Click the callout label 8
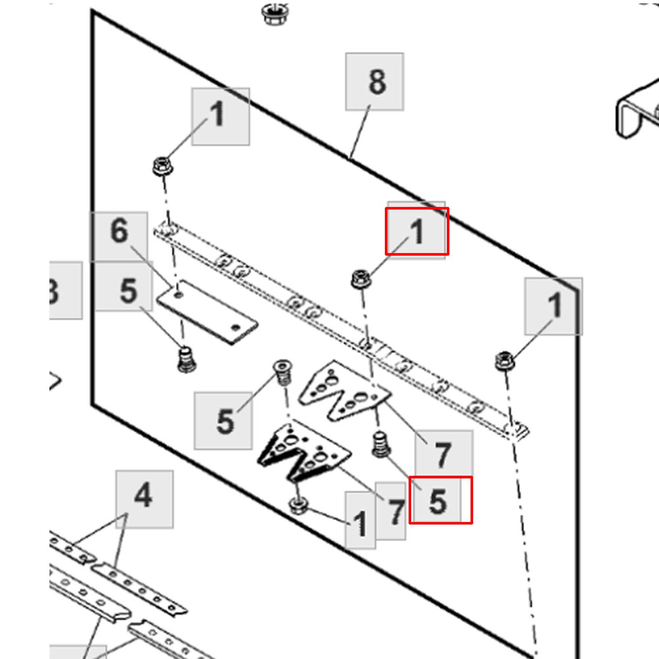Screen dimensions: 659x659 [374, 82]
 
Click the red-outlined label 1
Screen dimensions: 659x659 [416, 231]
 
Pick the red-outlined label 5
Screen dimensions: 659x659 [440, 500]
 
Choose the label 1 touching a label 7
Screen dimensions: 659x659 [360, 524]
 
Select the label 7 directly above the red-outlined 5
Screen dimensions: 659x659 [443, 455]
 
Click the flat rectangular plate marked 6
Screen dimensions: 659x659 [206, 312]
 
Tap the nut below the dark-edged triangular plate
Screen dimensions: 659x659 [298, 506]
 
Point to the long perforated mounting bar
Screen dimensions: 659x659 [343, 329]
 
